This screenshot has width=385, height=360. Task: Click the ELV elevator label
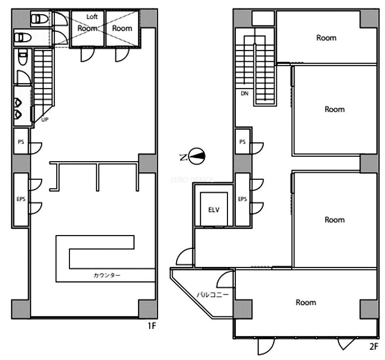(214, 210)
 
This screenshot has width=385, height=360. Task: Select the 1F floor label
(152, 326)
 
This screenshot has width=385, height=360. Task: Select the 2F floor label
(374, 346)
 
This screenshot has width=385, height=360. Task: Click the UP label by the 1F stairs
(45, 120)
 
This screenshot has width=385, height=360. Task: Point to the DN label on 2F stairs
(245, 94)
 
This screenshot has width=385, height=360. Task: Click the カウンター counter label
(107, 275)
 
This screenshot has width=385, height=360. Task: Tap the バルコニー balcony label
(213, 294)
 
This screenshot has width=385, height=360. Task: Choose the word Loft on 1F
(92, 17)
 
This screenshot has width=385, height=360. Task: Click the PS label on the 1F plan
(21, 142)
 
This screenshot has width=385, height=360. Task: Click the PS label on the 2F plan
(242, 142)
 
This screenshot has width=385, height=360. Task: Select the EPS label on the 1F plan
(21, 199)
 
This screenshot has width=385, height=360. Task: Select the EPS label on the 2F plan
(242, 199)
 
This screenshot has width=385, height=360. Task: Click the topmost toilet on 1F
(40, 19)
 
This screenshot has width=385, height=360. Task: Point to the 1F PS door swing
(36, 148)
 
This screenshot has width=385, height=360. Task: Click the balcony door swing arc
(225, 279)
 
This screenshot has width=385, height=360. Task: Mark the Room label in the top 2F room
(326, 38)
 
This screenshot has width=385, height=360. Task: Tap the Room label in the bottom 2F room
(306, 302)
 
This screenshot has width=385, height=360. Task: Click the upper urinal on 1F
(18, 102)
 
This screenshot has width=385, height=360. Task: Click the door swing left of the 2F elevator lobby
(184, 257)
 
